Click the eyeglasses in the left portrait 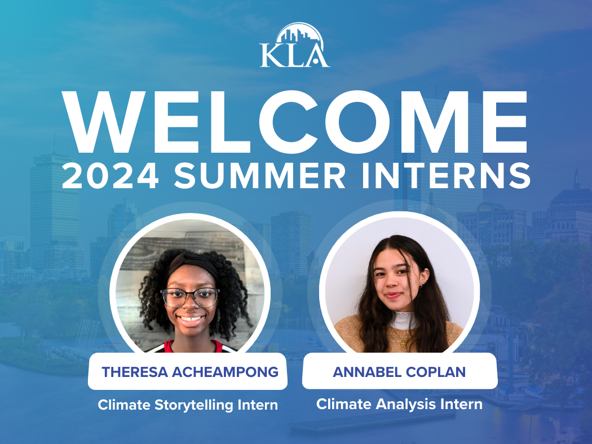(x=189, y=297)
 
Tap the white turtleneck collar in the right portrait (x=405, y=320)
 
